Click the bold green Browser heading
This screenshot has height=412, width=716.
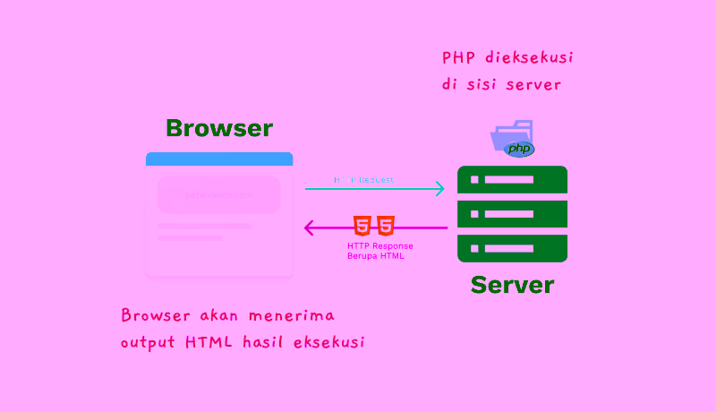[219, 128]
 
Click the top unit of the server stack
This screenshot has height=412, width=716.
[512, 180]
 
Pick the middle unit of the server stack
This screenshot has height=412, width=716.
[512, 214]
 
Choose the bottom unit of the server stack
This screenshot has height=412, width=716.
[512, 248]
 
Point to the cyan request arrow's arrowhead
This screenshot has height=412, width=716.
[439, 188]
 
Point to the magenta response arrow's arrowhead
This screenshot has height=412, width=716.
[310, 227]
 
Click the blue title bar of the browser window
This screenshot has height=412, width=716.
[219, 159]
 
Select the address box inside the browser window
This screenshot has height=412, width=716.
[219, 194]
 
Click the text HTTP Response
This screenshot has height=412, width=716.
[379, 245]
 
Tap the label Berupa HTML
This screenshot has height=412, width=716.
[376, 256]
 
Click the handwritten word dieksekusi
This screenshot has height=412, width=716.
[527, 58]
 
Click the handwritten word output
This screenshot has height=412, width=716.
[149, 342]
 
